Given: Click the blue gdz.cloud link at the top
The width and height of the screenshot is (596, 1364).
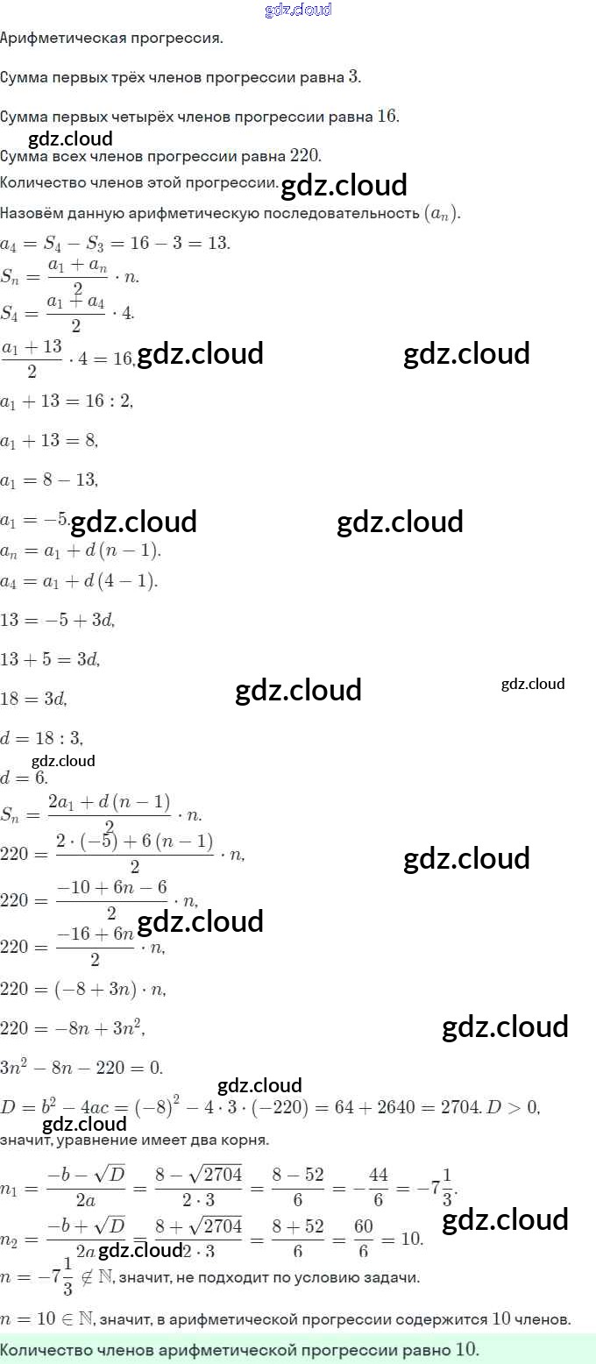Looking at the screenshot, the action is click(298, 10).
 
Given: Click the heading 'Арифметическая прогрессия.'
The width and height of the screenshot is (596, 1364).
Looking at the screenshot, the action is click(112, 39).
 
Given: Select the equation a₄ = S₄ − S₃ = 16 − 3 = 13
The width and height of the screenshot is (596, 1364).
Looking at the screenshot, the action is click(115, 243).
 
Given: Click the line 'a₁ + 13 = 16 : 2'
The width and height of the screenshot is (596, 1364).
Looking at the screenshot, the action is click(67, 401).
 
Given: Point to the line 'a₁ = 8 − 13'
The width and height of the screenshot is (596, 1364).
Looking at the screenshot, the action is click(49, 480).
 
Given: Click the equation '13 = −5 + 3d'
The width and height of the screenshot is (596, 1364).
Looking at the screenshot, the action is click(58, 620).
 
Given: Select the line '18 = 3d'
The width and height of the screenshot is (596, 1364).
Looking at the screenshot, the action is click(34, 698).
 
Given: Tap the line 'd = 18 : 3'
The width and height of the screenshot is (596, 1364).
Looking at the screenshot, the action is click(42, 738).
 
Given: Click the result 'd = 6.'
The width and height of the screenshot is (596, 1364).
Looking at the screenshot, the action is click(24, 778).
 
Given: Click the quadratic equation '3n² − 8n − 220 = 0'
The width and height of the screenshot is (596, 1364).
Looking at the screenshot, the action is click(82, 1068).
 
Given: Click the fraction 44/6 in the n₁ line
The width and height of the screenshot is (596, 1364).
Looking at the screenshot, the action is click(379, 1184).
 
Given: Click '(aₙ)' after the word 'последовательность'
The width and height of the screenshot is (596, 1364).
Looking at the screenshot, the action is click(442, 214).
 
